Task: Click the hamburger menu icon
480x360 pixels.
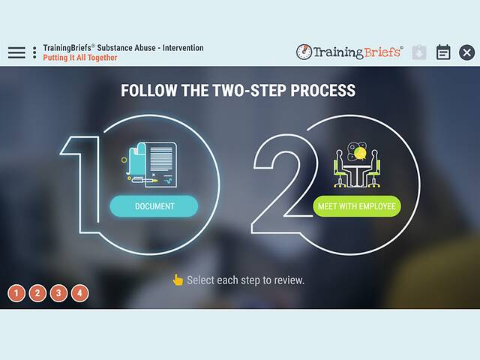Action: click(16, 52)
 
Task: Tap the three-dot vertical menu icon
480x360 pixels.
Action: click(34, 52)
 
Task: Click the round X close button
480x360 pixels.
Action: click(466, 52)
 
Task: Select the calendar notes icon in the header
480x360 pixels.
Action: click(443, 52)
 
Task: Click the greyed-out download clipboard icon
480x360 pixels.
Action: click(419, 52)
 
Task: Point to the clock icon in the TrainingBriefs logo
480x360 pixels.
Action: click(304, 52)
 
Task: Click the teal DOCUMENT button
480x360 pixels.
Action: click(154, 206)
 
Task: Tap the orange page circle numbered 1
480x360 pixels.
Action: click(16, 293)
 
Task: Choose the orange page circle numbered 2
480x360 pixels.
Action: click(37, 293)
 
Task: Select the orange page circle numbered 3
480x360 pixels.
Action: click(58, 293)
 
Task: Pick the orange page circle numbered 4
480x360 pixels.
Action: click(80, 293)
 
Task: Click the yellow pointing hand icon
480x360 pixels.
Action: click(178, 280)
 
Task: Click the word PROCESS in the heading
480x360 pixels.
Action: click(323, 90)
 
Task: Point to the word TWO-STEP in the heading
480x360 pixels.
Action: click(250, 90)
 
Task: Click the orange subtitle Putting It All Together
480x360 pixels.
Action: click(80, 58)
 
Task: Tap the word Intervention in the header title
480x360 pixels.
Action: click(183, 48)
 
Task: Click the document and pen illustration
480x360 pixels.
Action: click(150, 165)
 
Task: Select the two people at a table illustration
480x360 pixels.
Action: click(357, 165)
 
